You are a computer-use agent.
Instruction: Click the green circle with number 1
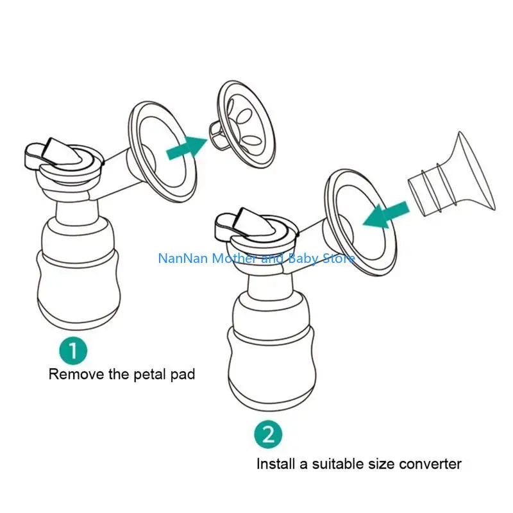[x=74, y=351]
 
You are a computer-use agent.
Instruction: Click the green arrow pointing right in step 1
[x=185, y=149]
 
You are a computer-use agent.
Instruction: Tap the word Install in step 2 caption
[x=276, y=463]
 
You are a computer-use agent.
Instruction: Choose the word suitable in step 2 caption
[x=342, y=463]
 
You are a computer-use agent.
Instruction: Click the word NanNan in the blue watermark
[x=180, y=259]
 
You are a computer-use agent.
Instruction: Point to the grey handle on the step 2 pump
[x=240, y=222]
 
